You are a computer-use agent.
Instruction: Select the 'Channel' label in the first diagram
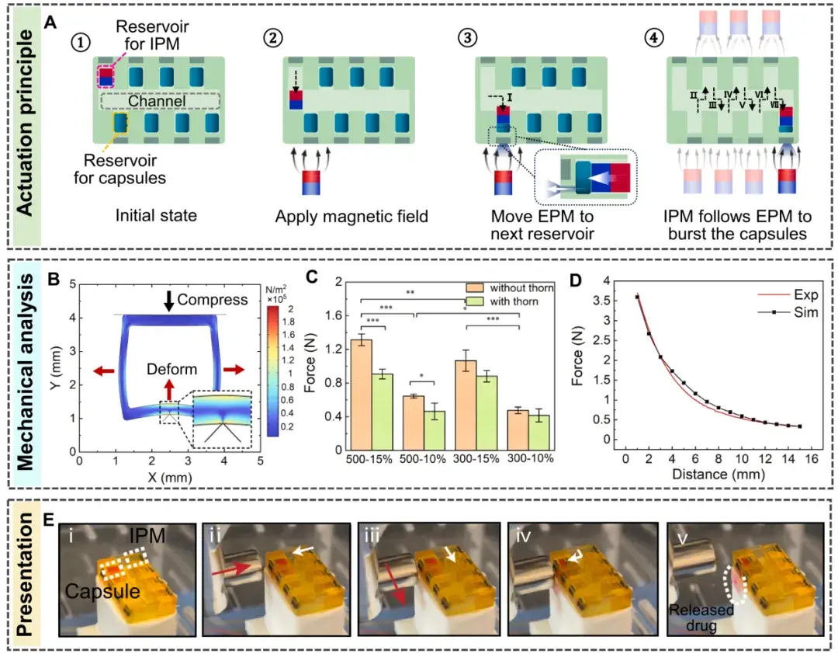click(x=158, y=101)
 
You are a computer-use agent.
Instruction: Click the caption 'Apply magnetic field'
click(x=351, y=217)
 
